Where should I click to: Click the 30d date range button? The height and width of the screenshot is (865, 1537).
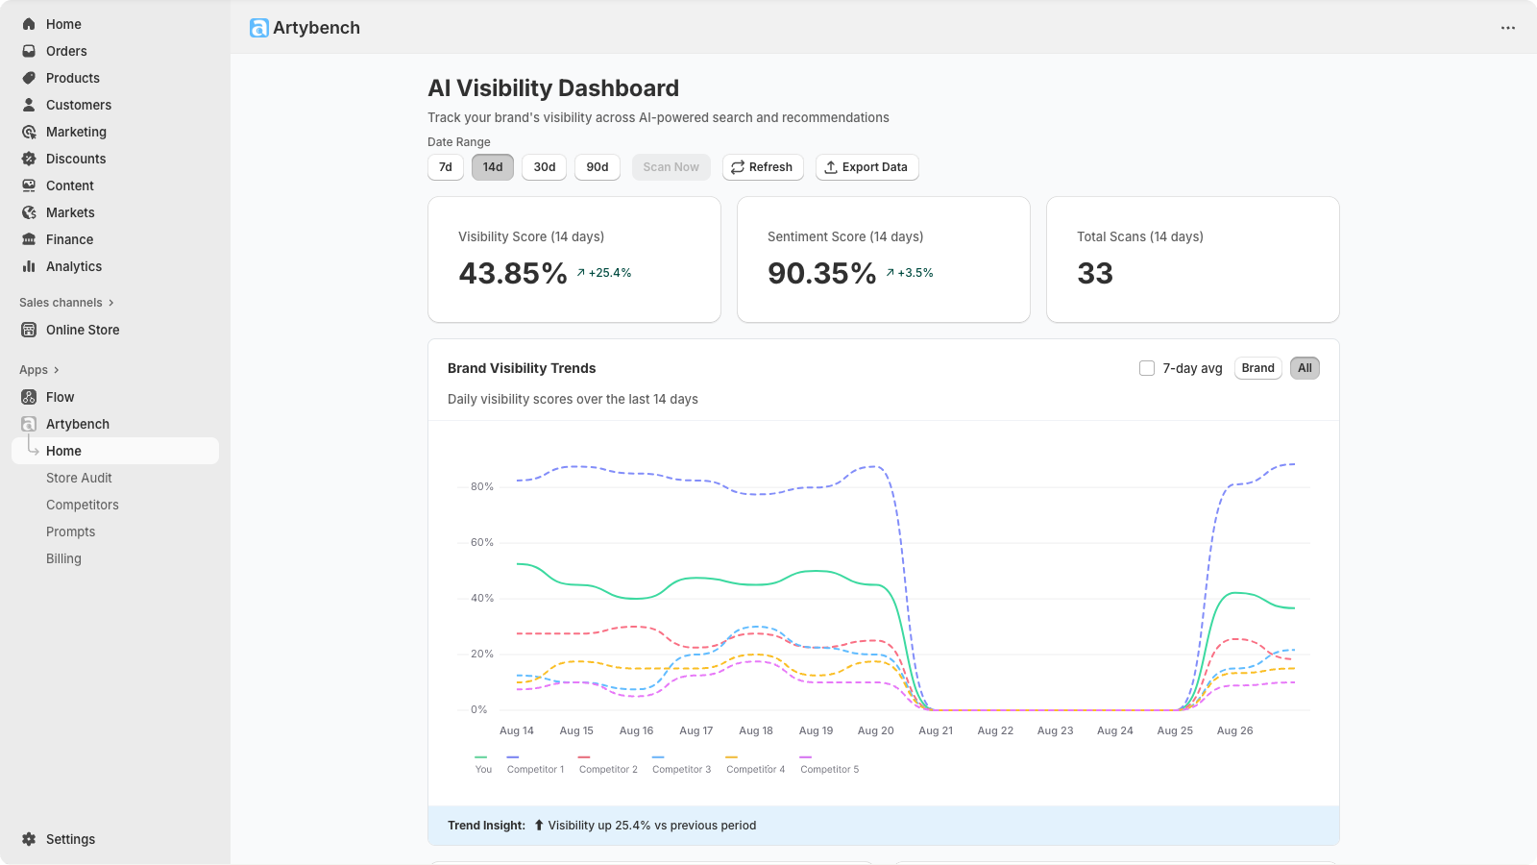click(545, 167)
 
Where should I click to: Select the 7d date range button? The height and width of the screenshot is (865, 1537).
click(446, 167)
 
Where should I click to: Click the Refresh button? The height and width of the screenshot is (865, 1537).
click(763, 167)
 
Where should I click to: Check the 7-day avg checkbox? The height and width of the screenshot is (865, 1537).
click(1147, 368)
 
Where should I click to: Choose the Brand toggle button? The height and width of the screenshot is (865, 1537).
click(1257, 368)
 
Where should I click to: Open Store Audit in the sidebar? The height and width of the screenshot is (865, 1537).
click(79, 478)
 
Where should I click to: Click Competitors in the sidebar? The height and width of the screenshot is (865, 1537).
click(83, 505)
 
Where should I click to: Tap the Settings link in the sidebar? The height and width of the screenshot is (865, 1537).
click(70, 839)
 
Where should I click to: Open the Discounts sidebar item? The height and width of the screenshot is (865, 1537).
click(76, 159)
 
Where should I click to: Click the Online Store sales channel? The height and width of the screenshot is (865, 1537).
click(83, 330)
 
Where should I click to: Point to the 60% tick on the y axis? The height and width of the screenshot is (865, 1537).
click(481, 543)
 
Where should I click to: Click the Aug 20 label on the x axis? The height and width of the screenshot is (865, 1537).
click(875, 731)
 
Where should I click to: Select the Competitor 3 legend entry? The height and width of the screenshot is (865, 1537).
click(681, 769)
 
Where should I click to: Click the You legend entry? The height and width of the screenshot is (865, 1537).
click(483, 769)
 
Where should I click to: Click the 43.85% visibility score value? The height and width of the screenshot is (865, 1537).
click(513, 274)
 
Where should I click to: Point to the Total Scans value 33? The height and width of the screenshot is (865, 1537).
click(1095, 274)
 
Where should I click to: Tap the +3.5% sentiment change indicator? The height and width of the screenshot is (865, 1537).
click(910, 273)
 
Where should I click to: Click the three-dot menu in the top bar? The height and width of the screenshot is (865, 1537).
click(1508, 28)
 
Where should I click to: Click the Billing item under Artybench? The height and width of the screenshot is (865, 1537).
click(63, 558)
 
